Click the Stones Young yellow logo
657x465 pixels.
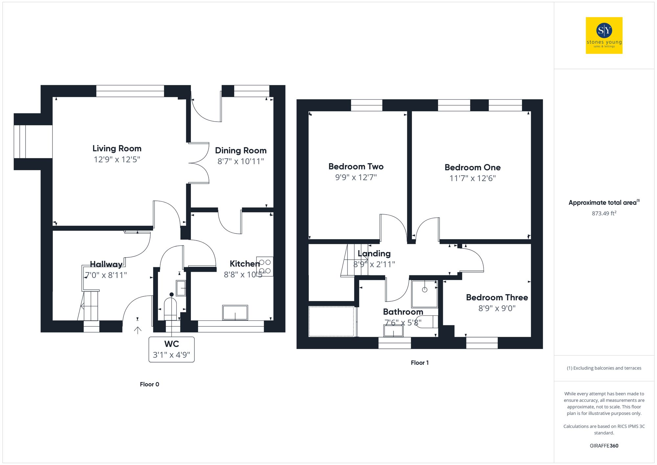click(x=604, y=35)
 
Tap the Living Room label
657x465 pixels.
click(x=117, y=149)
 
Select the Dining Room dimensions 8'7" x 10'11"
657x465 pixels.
click(x=240, y=161)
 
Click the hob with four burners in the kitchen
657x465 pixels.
click(x=265, y=267)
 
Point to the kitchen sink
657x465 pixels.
click(x=235, y=312)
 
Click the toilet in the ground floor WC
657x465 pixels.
click(x=170, y=308)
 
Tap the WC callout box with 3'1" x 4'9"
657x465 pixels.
click(x=171, y=349)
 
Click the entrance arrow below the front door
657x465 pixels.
click(x=138, y=330)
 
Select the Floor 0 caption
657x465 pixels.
click(x=149, y=384)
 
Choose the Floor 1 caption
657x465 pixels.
click(x=419, y=362)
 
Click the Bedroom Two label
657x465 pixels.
click(x=356, y=167)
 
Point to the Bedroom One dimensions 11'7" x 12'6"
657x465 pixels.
click(x=472, y=178)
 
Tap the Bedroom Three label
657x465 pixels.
click(x=497, y=297)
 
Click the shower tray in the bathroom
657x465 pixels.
click(x=424, y=293)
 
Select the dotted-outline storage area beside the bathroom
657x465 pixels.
click(x=331, y=321)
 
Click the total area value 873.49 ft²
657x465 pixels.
click(x=604, y=213)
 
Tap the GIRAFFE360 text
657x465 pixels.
click(x=604, y=446)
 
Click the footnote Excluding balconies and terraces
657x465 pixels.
click(x=604, y=368)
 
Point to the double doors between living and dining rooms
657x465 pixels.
click(x=199, y=163)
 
